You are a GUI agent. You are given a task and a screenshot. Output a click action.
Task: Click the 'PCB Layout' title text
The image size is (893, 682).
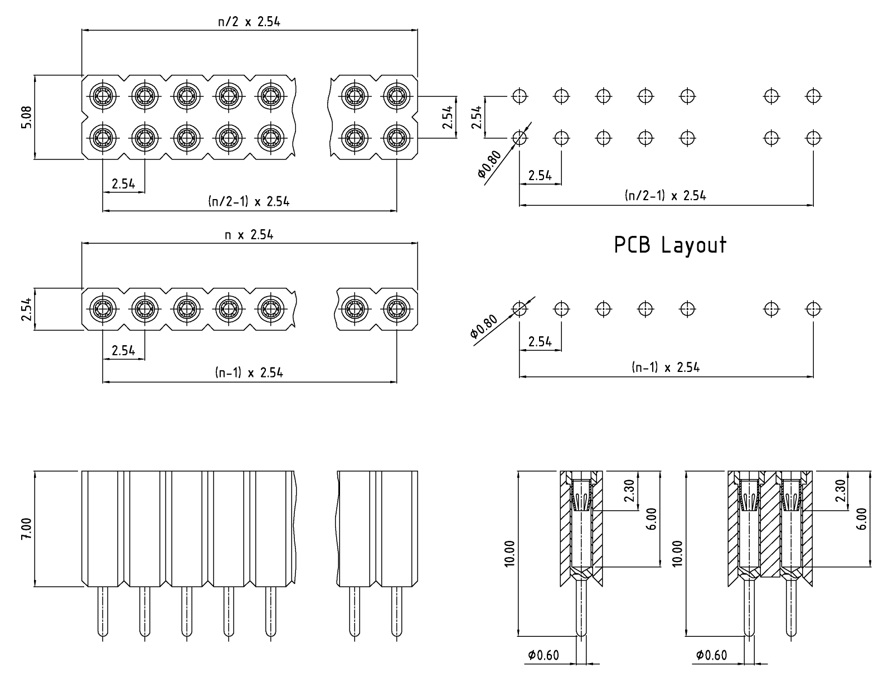pos(669,245)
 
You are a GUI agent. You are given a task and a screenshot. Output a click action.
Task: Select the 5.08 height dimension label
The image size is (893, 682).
pos(26,117)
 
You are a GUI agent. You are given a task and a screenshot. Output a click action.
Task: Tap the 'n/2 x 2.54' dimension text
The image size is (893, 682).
pos(249,22)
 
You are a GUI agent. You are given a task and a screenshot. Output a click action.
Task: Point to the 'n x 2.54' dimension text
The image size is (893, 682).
pos(249,235)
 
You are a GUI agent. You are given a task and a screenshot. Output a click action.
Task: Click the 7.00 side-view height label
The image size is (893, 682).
pos(26,529)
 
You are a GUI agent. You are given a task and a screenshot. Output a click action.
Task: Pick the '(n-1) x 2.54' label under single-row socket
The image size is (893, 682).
pos(249,373)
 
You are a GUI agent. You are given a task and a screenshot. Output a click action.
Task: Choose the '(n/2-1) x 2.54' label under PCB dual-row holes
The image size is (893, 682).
pos(666,195)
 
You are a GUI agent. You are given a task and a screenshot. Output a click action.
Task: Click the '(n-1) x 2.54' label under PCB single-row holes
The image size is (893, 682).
pos(666,367)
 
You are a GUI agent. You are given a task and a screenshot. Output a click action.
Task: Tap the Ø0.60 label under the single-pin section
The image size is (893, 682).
pos(543,655)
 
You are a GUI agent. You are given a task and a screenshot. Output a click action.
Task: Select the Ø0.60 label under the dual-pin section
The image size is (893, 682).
pos(711,655)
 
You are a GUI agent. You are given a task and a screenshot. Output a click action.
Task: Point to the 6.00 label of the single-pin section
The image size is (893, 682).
pos(651,519)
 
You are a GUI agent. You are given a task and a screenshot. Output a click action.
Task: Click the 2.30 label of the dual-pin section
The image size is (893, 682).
pos(841,491)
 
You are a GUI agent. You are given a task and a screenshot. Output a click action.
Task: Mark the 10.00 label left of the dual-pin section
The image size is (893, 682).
pos(677,553)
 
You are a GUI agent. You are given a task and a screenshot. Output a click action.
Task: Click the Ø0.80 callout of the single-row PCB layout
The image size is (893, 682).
pos(484,326)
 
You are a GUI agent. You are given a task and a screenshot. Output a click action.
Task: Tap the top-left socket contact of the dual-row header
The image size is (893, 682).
pos(103,96)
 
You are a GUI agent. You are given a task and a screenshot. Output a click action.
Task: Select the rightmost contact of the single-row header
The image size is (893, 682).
pos(396,309)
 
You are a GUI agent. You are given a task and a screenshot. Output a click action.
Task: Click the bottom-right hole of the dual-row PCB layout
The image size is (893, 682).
pos(813,138)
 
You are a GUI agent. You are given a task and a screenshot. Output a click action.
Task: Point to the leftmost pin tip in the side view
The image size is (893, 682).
pos(103,635)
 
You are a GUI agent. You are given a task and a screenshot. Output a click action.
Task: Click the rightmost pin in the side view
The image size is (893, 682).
pos(396,612)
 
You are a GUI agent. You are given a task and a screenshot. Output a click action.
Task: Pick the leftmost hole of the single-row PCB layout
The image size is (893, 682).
pos(520,309)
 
